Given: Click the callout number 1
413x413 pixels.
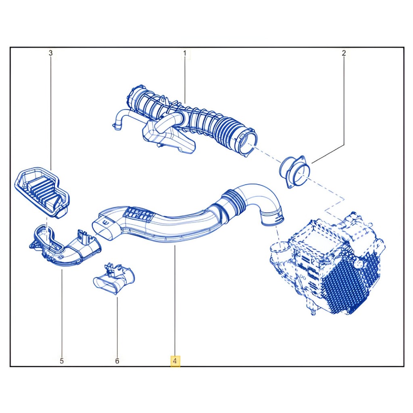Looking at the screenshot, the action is tap(185, 53).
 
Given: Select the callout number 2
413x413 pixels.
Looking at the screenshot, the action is tap(344, 53).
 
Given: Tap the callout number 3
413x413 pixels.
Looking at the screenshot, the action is tap(50, 53).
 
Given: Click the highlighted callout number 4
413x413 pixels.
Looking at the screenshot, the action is tap(175, 361).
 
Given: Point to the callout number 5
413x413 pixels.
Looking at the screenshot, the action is tap(62, 361).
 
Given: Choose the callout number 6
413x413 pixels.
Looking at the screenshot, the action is tap(117, 361).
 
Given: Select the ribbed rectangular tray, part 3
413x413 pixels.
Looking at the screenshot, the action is tap(42, 192).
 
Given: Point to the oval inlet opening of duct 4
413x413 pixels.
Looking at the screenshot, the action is tap(104, 227).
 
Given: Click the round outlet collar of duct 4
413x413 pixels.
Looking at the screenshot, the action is tap(273, 218).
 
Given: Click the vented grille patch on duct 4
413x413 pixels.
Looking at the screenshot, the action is tap(139, 214).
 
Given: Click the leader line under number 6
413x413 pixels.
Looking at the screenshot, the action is tap(117, 327).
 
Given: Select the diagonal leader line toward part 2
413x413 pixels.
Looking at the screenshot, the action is tap(327, 154).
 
